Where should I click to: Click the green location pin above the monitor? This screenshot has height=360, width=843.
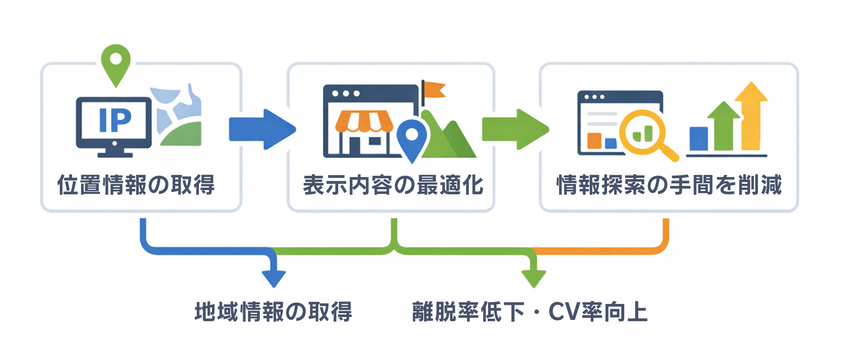116,63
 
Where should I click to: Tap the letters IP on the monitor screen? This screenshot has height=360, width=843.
115,120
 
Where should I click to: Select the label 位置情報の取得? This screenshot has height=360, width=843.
136,185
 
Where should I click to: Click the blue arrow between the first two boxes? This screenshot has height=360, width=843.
261,129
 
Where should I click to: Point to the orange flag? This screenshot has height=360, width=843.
434,90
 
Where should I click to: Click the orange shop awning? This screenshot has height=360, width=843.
364,121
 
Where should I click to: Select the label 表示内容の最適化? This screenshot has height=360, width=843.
393,185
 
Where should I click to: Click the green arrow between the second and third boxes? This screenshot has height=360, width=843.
515,129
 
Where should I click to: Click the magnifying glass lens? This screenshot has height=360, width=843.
642,131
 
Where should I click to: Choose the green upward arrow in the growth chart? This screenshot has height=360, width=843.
724,126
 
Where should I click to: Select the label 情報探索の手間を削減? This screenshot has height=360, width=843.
669,185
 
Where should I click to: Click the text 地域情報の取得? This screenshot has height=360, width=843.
273,312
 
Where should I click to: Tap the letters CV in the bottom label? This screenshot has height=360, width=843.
564,312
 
